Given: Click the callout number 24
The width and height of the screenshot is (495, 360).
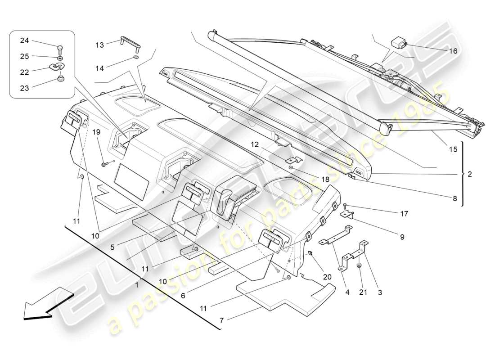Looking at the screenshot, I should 24,40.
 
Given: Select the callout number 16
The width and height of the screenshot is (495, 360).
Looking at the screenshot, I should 453,51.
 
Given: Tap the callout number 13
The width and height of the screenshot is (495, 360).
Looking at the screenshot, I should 99,45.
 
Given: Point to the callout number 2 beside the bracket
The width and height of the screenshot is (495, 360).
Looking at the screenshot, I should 469,174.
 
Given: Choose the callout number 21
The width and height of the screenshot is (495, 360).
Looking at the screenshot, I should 363,292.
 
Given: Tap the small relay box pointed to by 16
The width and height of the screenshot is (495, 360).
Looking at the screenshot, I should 400,42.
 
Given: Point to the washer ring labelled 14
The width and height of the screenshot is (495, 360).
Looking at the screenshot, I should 135,58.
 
